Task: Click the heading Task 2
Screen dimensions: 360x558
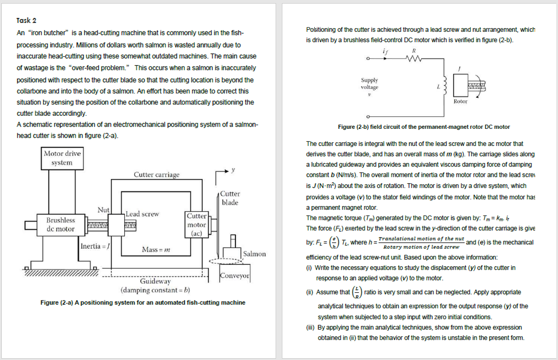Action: click(26, 21)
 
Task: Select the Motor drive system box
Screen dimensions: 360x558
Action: click(62, 158)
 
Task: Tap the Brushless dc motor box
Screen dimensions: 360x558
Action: click(61, 224)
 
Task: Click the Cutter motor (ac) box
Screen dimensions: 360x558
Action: click(197, 224)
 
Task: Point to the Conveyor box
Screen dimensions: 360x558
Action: click(234, 276)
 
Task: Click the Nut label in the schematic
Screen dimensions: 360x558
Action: click(103, 210)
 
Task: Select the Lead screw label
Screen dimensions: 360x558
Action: click(142, 214)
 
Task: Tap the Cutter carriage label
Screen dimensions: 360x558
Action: click(156, 175)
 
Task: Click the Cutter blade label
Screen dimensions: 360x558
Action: click(230, 198)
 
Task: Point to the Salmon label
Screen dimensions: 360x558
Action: click(255, 254)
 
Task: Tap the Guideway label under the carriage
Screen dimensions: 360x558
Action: click(155, 281)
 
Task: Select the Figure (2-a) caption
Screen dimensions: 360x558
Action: click(143, 303)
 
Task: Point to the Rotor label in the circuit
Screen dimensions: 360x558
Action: click(461, 101)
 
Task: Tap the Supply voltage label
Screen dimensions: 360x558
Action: click(369, 83)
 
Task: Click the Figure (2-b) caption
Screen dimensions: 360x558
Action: click(424, 127)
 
